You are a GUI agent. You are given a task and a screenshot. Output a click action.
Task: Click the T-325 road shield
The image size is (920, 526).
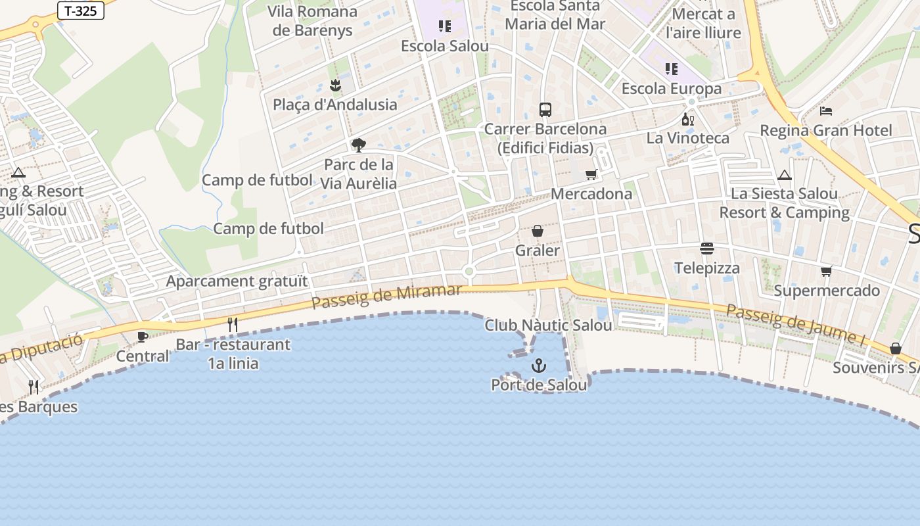(81, 11)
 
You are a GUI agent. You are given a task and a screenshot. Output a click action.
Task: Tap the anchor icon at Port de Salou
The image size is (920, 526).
(539, 365)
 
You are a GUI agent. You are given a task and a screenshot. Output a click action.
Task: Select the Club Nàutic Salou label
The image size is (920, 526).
(548, 325)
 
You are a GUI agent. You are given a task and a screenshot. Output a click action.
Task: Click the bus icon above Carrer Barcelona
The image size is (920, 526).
(545, 109)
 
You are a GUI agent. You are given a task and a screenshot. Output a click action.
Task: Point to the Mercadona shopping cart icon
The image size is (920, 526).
(591, 174)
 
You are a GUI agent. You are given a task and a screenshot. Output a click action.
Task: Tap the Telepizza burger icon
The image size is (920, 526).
(707, 249)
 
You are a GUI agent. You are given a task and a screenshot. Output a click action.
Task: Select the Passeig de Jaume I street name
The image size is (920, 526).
(795, 324)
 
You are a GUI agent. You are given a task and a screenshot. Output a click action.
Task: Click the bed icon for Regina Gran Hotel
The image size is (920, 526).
(826, 110)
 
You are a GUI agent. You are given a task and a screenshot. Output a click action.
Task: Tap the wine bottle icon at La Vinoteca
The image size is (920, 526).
(688, 119)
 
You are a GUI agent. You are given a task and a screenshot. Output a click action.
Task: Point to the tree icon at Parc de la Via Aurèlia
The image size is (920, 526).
(358, 145)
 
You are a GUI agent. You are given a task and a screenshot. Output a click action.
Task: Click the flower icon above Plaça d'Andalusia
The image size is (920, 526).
(335, 85)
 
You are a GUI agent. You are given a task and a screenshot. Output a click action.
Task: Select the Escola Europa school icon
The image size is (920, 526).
(671, 68)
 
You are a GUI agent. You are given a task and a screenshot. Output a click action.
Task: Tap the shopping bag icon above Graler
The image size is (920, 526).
(538, 231)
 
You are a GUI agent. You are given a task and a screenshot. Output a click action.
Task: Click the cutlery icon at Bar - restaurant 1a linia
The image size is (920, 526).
(233, 324)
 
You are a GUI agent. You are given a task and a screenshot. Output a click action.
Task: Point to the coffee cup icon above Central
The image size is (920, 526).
(142, 337)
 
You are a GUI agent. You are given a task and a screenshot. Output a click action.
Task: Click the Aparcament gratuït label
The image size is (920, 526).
(237, 281)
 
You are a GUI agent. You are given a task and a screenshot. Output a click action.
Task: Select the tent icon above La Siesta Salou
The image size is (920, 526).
(784, 175)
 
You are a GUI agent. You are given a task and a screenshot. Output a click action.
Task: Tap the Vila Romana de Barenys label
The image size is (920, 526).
(313, 21)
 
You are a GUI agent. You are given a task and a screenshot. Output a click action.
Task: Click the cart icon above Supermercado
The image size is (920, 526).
(827, 271)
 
